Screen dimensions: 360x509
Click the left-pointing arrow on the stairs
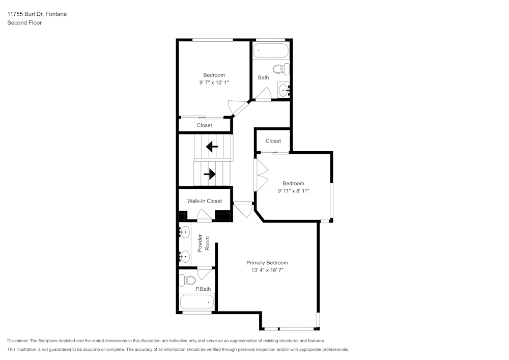click(212, 147)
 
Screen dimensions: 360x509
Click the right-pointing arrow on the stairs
click(209, 174)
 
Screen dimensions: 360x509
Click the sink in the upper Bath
click(284, 90)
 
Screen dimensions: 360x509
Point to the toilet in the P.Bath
click(188, 280)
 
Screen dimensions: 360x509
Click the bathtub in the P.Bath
click(196, 303)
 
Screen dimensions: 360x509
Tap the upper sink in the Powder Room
click(184, 232)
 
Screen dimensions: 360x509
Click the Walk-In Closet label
click(205, 201)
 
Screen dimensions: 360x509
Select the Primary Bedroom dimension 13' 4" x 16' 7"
click(267, 270)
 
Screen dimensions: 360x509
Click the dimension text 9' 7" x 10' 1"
click(214, 82)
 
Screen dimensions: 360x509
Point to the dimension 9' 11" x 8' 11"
click(293, 191)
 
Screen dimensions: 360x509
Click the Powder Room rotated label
click(204, 243)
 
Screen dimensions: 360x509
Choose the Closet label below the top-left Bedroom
click(205, 125)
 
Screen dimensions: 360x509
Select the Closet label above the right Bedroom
click(273, 141)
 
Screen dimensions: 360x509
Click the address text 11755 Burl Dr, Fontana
click(37, 14)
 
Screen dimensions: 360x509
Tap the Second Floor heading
click(24, 23)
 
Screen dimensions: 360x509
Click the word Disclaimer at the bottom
click(18, 341)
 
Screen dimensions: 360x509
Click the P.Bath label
click(203, 289)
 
